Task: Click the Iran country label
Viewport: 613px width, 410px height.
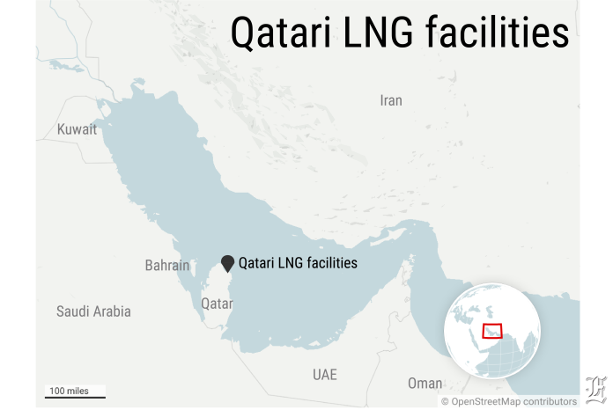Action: point(391,100)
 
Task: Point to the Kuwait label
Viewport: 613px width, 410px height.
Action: point(77,129)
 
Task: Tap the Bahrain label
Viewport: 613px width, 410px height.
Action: point(167,265)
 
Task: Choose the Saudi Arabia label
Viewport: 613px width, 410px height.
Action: point(93,311)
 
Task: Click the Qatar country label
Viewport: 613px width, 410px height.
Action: point(217,304)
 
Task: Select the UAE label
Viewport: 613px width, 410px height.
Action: point(325,375)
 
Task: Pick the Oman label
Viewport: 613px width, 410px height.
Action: point(425,384)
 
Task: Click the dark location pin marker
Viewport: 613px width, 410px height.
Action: point(228,263)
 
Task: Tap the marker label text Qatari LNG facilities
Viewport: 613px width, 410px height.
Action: point(299,262)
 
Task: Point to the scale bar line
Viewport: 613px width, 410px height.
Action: point(76,398)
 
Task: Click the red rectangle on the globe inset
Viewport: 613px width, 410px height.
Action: point(493,331)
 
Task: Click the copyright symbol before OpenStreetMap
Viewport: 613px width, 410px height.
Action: point(446,401)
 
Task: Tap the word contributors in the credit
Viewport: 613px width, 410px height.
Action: point(548,401)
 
